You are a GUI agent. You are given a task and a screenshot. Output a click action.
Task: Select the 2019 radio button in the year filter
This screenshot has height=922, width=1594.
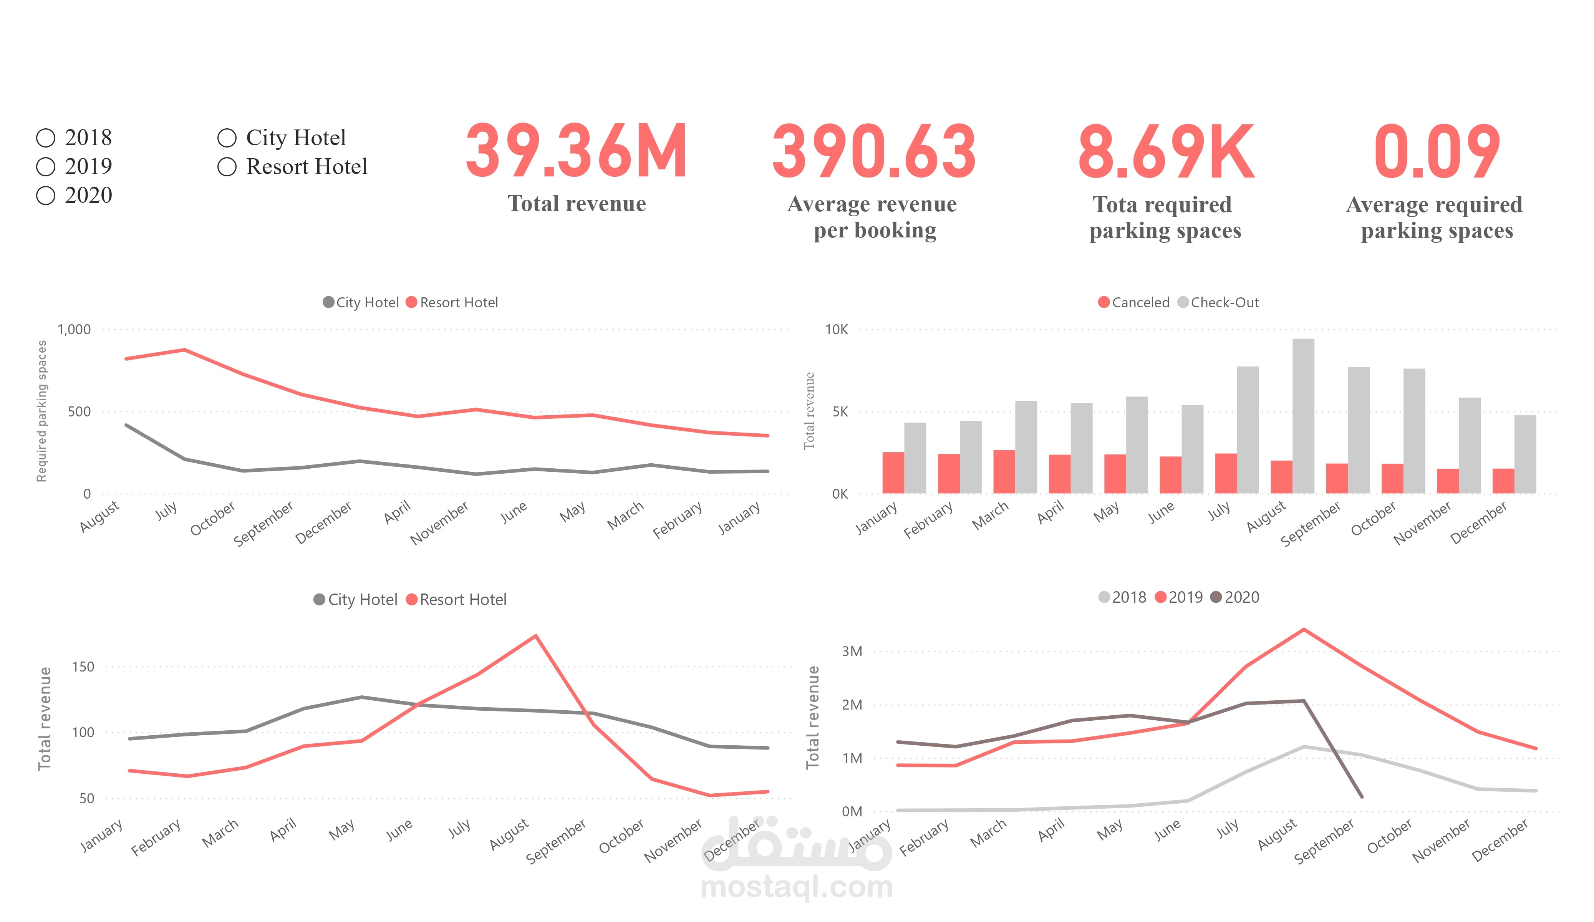point(46,166)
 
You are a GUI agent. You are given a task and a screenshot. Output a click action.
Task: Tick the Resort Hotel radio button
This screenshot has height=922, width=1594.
point(227,166)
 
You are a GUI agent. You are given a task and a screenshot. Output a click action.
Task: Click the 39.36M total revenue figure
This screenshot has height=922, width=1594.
point(576,151)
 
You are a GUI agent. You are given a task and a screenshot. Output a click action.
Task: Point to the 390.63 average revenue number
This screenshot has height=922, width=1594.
point(873,151)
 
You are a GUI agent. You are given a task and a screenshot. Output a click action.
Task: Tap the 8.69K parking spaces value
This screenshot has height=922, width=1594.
point(1166,151)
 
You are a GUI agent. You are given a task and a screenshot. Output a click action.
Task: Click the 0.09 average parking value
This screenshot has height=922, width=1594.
point(1437,151)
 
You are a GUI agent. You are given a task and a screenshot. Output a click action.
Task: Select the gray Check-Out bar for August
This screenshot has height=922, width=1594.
point(1303,416)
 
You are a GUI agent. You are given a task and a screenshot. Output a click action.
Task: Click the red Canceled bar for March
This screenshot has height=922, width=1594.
point(1004,471)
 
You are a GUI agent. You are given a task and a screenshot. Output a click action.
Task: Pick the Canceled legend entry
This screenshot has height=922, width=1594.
point(1134,302)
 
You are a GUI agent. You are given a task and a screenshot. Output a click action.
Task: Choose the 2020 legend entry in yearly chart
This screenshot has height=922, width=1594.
point(1235,597)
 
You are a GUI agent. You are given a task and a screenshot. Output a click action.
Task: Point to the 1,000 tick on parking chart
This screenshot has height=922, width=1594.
point(74,329)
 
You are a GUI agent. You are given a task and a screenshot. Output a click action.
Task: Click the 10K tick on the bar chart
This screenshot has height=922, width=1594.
point(836,329)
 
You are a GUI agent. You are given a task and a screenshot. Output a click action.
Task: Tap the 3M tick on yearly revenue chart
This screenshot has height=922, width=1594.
point(852,651)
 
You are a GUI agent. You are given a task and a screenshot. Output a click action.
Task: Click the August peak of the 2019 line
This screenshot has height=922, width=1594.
point(1304,630)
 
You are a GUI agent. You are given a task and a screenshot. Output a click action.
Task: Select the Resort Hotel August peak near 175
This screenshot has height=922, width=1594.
point(536,636)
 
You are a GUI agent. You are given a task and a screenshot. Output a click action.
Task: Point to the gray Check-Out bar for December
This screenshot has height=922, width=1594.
point(1525,454)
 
